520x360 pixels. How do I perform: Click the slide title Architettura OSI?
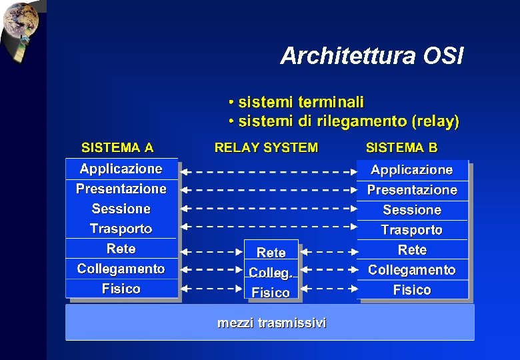coord(371,56)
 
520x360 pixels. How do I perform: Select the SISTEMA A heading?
coord(117,147)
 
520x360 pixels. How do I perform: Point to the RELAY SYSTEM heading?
coord(266,147)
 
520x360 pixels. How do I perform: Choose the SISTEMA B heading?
coord(401,147)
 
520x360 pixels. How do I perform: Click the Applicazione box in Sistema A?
coord(121,169)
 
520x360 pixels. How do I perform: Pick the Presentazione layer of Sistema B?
coord(412,190)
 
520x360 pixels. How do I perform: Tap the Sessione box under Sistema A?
coord(121,209)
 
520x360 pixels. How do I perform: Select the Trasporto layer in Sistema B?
coord(412,230)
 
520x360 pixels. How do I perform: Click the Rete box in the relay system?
coord(271,253)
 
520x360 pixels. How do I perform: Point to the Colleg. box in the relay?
coord(271,273)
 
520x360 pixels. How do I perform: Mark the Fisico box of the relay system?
coord(271,293)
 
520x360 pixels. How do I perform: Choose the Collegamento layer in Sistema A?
coord(121,269)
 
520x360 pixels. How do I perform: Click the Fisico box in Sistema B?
coord(412,290)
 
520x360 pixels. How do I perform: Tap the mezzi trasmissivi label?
coord(272,323)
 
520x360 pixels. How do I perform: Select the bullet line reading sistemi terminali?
coord(297,103)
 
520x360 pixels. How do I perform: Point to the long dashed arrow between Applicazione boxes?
coord(269,172)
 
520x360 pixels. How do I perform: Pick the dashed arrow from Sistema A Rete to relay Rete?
coord(212,253)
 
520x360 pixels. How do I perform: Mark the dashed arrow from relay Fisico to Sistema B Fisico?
coord(329,290)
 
